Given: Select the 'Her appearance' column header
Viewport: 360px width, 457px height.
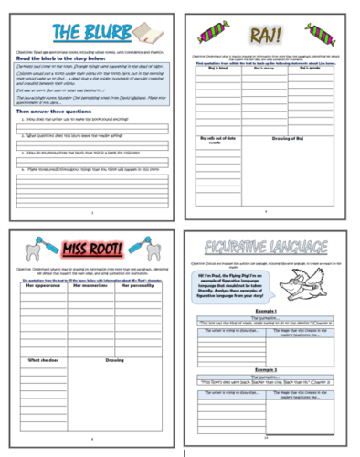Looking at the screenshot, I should tap(42, 285).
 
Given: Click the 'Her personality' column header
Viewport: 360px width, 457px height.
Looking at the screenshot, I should tap(134, 285).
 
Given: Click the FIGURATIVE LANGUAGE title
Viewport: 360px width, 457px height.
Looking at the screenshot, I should tap(270, 248).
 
